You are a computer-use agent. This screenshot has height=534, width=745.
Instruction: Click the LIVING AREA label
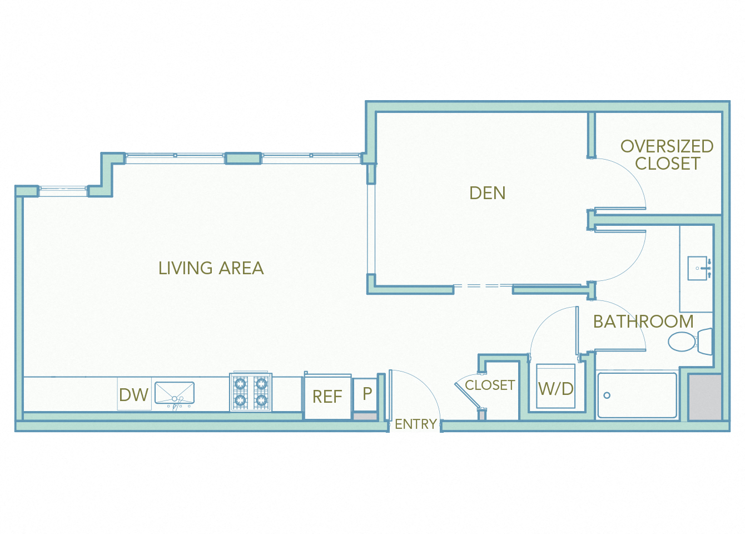[x=211, y=268]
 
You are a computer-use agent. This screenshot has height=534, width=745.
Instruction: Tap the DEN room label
[x=487, y=193]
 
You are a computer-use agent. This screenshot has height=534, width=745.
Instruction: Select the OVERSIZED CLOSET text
[x=667, y=155]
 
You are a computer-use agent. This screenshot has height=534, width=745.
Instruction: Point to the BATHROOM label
[x=643, y=322]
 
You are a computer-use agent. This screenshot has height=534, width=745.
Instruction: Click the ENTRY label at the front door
[x=415, y=424]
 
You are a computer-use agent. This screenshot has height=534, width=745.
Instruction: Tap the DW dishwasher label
[x=133, y=395]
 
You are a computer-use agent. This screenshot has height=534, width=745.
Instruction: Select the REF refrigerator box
[x=327, y=397]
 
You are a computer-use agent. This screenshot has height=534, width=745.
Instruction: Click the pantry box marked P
[x=366, y=394]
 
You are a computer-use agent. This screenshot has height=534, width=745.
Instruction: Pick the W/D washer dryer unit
[x=555, y=388]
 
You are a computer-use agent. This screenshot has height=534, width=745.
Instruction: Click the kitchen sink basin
[x=175, y=393]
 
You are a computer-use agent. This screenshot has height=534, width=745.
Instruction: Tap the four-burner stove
[x=251, y=392]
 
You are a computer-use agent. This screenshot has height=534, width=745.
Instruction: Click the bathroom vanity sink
[x=698, y=268]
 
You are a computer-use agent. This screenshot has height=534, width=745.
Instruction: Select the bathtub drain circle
[x=607, y=395]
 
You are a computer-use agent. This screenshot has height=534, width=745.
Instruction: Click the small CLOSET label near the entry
[x=489, y=385]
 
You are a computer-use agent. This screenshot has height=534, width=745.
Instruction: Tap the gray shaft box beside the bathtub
[x=705, y=397]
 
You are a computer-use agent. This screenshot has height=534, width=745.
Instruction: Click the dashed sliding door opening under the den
[x=483, y=286]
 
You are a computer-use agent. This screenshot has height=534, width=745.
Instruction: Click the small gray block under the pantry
[x=365, y=416]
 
